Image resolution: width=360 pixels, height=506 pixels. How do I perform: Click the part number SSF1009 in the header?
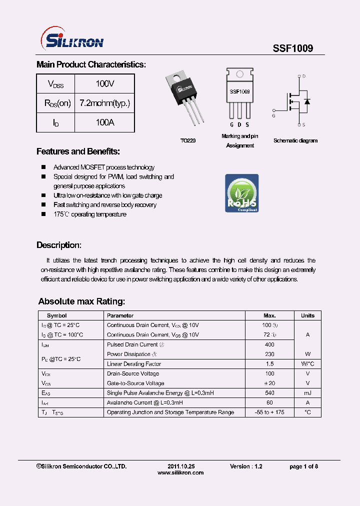tap(292, 48)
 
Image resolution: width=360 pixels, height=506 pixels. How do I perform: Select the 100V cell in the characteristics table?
tap(104, 83)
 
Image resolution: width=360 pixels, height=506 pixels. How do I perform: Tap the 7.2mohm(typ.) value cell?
tap(104, 103)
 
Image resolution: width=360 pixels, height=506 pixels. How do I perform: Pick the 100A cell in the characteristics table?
tap(104, 122)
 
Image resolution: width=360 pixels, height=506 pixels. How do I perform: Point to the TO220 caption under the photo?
tap(188, 141)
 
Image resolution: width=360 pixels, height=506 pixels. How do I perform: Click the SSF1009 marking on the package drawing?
tap(239, 92)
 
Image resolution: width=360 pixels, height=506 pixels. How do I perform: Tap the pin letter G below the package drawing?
tap(231, 124)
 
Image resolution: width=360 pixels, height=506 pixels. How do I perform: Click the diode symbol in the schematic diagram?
tap(306, 101)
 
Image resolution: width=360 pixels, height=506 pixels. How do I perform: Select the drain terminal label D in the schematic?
tap(303, 76)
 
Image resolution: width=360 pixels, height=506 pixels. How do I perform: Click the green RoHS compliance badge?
tap(241, 193)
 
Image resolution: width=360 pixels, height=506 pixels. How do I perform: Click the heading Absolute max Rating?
tap(81, 301)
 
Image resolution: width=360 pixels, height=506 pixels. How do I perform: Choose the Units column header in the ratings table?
tap(307, 315)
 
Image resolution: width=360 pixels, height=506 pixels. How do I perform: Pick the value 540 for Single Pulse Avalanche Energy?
tap(269, 393)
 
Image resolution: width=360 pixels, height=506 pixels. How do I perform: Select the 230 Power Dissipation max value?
tap(269, 354)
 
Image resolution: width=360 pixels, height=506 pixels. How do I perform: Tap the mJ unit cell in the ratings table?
tap(307, 393)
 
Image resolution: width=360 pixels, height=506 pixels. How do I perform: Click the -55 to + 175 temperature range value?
tap(269, 412)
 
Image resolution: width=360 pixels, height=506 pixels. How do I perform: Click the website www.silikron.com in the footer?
tap(180, 472)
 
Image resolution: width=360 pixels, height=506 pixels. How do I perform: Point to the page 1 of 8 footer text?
tap(303, 466)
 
